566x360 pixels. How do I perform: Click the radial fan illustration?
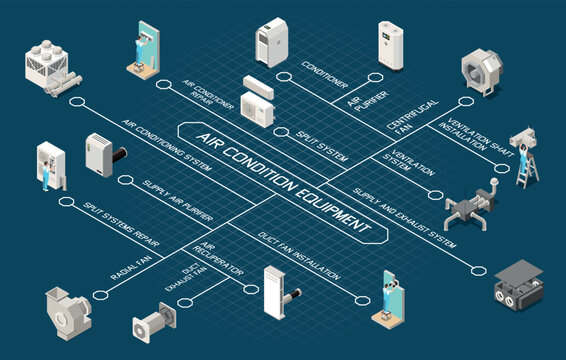(68, 306)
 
